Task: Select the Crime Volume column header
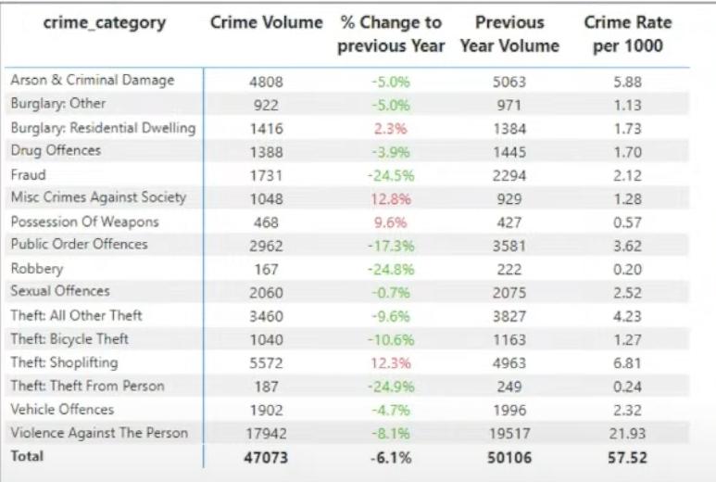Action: (x=266, y=22)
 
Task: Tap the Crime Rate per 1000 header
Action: (x=627, y=33)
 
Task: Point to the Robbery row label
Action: (x=37, y=269)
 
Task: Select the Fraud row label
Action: (x=28, y=174)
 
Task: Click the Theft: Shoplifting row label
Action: (x=64, y=362)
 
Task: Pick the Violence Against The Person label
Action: (x=99, y=433)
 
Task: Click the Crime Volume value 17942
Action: (x=266, y=434)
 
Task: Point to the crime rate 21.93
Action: (x=627, y=434)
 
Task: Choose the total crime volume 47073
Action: (x=266, y=458)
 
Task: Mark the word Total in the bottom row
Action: (x=26, y=457)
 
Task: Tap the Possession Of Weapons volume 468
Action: (x=266, y=222)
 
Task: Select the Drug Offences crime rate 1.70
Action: (x=627, y=151)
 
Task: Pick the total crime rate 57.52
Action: (x=627, y=458)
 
